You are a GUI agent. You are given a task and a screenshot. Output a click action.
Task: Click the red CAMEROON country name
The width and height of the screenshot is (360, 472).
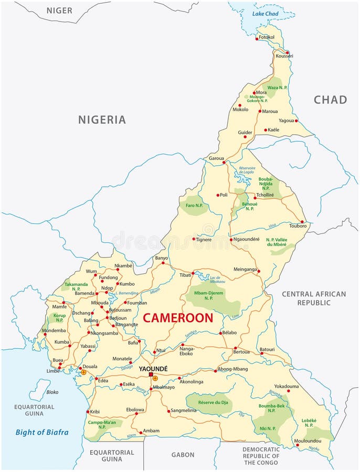point(178,318)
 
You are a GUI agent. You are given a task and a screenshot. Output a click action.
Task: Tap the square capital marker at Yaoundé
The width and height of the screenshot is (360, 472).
point(151,375)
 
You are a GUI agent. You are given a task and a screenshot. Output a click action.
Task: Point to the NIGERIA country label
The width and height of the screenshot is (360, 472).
point(102,120)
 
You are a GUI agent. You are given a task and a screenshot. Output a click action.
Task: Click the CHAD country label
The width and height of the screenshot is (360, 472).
point(330,100)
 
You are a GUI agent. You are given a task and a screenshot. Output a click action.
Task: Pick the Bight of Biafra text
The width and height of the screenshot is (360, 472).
point(42,433)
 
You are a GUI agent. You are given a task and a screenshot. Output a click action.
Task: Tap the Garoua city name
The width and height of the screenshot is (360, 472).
point(216,158)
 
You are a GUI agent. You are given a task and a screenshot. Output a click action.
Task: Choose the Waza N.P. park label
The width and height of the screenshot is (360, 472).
point(278,88)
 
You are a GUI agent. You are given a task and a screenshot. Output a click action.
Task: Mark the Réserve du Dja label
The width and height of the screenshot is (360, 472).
point(208,402)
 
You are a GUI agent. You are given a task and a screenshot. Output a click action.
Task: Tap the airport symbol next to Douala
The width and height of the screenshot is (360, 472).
point(83,372)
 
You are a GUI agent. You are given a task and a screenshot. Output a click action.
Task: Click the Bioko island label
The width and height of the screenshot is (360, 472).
point(52,392)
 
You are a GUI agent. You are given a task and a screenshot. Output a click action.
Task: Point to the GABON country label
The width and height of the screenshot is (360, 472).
point(183,455)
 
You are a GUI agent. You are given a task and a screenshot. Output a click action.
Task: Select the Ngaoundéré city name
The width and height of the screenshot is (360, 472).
point(246,239)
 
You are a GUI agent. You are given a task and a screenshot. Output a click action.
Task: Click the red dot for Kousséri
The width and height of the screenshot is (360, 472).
point(288,52)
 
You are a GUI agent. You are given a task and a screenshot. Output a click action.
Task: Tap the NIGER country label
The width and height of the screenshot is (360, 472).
point(59,10)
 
